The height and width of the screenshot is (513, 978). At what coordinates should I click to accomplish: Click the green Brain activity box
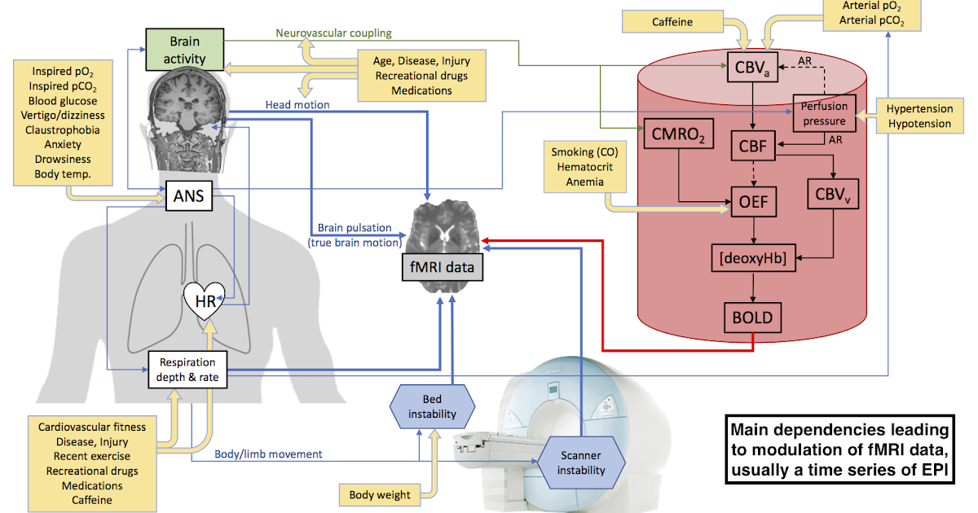(x=184, y=49)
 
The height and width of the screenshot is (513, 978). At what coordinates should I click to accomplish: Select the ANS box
(x=187, y=195)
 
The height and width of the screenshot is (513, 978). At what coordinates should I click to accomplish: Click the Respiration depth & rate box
(x=187, y=370)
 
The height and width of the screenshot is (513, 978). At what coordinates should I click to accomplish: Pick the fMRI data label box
(x=441, y=267)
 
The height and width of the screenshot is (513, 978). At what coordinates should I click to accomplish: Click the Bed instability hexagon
(x=432, y=407)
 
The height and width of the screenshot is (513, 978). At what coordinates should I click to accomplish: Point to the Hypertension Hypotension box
(x=919, y=116)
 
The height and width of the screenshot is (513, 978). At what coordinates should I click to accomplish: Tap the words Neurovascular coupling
(x=333, y=33)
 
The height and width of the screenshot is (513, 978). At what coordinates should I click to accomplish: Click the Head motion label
(x=297, y=105)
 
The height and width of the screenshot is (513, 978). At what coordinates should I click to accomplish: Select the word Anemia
(x=584, y=182)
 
